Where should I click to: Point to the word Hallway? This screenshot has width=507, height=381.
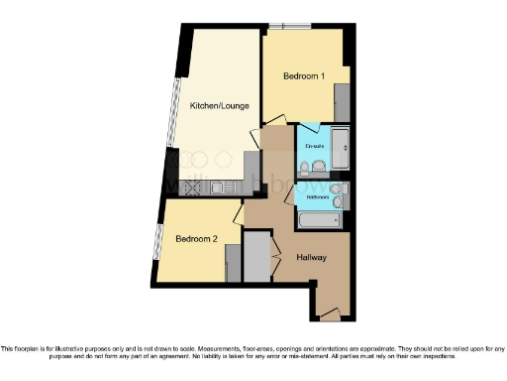[x=312, y=258]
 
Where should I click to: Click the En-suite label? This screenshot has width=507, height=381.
[x=314, y=147]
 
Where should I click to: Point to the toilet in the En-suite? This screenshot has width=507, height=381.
[x=304, y=166]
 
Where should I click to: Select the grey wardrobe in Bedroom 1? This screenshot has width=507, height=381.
[x=343, y=101]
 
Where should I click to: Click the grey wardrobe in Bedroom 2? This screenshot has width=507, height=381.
[x=233, y=263]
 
